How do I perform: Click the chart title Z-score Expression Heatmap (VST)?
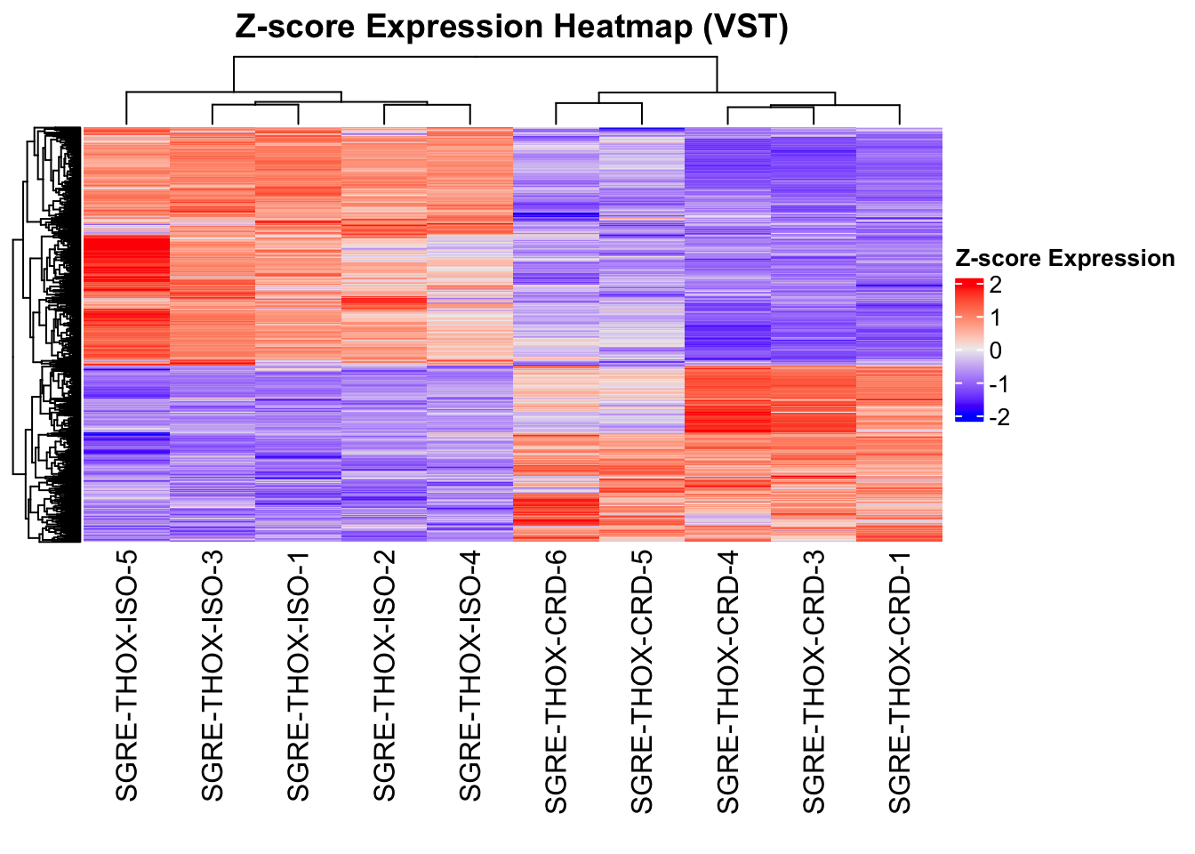click(x=511, y=27)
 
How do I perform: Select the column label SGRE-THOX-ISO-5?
click(x=126, y=674)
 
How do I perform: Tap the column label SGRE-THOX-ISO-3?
click(x=213, y=674)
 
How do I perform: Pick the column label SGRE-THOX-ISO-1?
click(x=298, y=674)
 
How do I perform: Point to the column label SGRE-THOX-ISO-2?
click(x=384, y=674)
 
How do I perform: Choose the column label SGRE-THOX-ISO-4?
click(x=469, y=674)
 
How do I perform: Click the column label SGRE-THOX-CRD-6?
click(x=556, y=681)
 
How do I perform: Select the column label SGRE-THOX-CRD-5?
click(x=642, y=681)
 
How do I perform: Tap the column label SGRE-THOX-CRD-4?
click(x=727, y=681)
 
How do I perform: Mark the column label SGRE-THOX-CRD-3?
click(x=814, y=681)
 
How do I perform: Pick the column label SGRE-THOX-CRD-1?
click(x=900, y=681)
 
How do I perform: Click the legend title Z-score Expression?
click(x=1064, y=258)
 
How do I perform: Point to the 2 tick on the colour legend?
click(x=995, y=285)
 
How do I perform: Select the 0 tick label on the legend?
click(x=995, y=350)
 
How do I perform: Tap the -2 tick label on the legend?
click(x=999, y=417)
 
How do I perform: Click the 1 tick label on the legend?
click(x=995, y=318)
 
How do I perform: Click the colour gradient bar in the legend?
click(x=969, y=350)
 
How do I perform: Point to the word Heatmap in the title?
click(x=622, y=27)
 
